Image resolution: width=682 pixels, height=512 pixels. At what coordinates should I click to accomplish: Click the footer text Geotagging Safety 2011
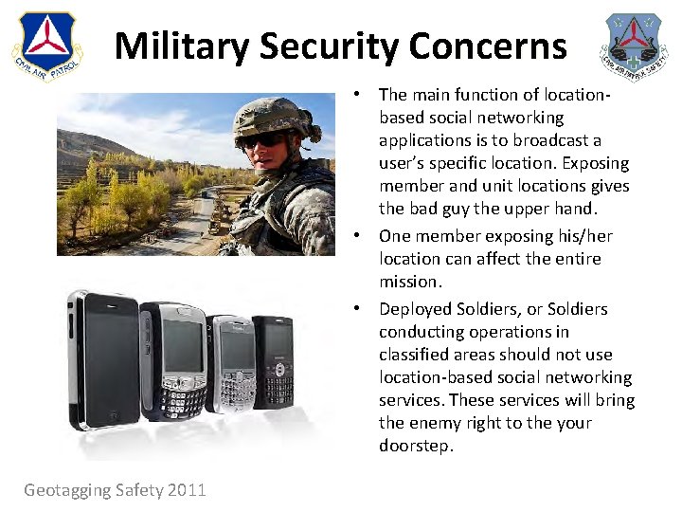(x=115, y=489)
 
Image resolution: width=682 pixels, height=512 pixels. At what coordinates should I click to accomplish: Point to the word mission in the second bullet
(x=410, y=282)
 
